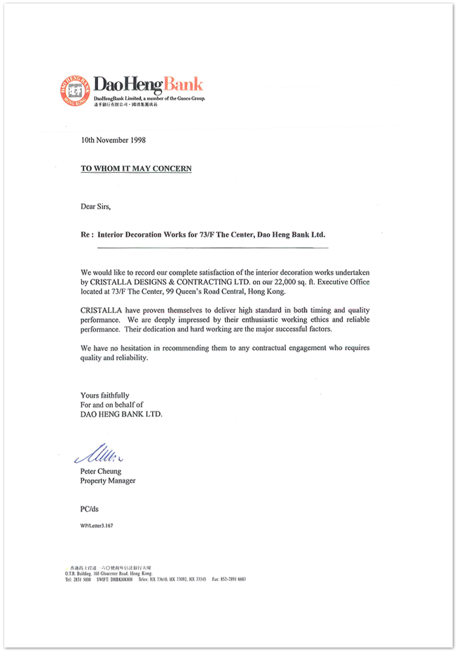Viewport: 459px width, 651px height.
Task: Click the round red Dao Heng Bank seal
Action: pos(75,90)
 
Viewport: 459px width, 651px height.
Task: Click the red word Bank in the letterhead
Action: pos(184,85)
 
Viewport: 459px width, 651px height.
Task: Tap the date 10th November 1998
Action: pos(113,140)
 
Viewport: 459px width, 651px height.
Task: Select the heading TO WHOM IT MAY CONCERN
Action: pos(136,169)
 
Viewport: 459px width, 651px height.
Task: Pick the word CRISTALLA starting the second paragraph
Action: pos(103,309)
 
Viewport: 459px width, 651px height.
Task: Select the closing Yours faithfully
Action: pos(105,395)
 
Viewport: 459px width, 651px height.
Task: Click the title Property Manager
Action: pos(108,481)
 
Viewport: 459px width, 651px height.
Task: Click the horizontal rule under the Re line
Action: pos(212,248)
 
